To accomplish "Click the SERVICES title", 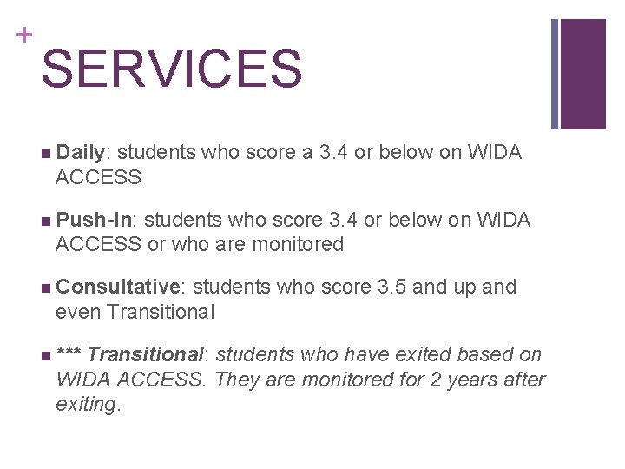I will point(171,69).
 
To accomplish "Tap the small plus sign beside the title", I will point(23,36).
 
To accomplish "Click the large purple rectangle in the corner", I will point(583,74).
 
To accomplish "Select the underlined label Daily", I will point(81,153).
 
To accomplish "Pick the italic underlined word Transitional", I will point(145,354).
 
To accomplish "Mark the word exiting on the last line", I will point(87,404).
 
